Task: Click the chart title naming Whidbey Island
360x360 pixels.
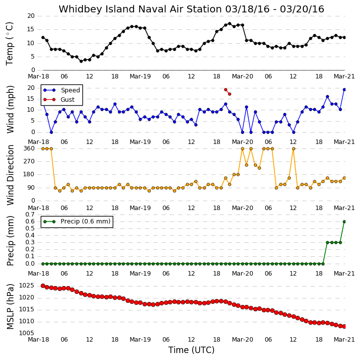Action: tap(191, 9)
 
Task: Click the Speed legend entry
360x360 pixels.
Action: tap(62, 90)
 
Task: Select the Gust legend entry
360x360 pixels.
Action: tap(59, 100)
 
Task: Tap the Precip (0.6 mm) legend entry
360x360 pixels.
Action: tap(77, 221)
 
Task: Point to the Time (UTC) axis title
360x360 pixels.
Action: tap(191, 350)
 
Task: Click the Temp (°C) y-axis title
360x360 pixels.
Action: tap(9, 44)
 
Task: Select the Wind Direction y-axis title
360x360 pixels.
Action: tap(10, 175)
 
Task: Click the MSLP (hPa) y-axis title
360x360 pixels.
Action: tap(10, 306)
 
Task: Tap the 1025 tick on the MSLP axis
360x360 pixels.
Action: tap(26, 286)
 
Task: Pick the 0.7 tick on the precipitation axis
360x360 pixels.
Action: tap(30, 215)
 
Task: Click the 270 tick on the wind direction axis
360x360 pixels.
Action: tap(29, 161)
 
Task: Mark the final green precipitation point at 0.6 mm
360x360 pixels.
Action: tap(345, 222)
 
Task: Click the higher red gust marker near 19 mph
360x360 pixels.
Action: tap(226, 90)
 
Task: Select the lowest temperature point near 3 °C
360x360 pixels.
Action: tap(81, 61)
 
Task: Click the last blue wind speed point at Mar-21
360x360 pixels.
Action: tap(345, 90)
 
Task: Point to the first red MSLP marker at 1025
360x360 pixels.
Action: tap(43, 286)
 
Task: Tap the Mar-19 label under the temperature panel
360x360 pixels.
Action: tap(141, 76)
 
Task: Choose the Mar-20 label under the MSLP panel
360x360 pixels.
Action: tap(242, 340)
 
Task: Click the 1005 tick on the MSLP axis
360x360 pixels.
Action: tap(26, 333)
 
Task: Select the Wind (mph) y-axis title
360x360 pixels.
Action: tap(10, 109)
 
